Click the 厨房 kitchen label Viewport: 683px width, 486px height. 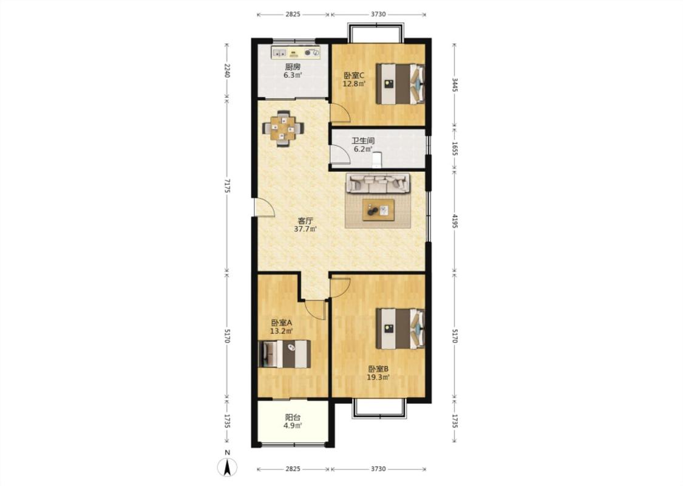click(293, 67)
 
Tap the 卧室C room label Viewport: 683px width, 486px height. click(354, 75)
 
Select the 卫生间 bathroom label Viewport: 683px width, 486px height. click(363, 141)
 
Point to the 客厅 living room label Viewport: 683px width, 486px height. click(305, 221)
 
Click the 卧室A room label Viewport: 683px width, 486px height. click(281, 323)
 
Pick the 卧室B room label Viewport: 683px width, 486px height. click(378, 369)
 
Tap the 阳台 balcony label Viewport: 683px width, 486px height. click(293, 417)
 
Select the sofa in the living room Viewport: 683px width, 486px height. click(378, 183)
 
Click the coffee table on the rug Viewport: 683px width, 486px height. click(378, 210)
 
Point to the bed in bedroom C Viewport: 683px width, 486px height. click(400, 84)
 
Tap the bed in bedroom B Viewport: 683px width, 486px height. click(400, 329)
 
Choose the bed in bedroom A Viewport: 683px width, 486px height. click(285, 354)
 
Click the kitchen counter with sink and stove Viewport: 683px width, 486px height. click(296, 52)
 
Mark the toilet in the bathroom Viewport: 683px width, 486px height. click(377, 160)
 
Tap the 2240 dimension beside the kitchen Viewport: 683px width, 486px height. click(227, 70)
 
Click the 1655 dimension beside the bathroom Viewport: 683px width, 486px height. click(454, 148)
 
